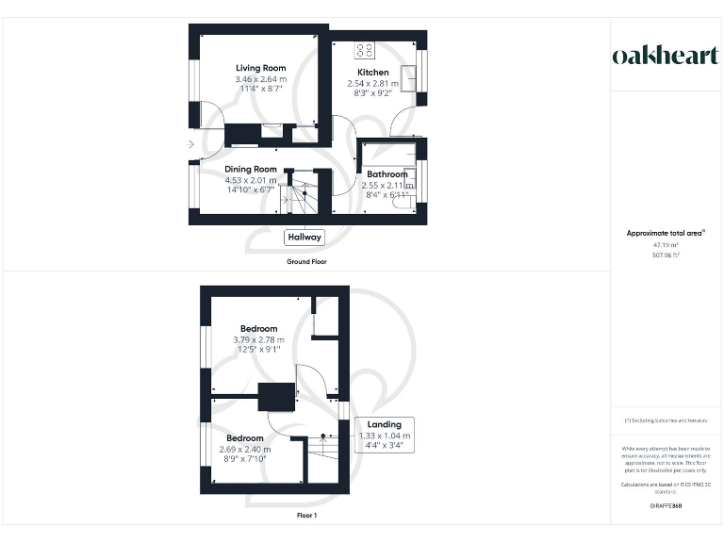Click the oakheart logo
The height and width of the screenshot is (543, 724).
666,56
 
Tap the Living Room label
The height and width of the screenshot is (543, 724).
260,68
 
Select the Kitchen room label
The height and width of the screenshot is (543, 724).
372,73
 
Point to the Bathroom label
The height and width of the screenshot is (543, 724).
387,174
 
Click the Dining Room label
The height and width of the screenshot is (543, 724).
251,169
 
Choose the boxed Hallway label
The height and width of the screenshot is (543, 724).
304,238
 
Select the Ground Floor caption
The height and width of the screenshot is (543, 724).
306,261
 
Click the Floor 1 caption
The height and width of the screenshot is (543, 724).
306,516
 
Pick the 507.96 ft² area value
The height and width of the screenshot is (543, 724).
666,254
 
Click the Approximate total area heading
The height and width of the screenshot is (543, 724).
666,232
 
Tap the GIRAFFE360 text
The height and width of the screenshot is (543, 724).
666,507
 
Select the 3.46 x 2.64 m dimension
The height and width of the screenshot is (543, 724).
260,79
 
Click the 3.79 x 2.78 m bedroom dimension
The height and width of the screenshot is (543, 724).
258,339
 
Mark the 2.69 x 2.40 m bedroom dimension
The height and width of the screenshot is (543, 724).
244,449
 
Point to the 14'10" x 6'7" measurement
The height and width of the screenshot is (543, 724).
251,190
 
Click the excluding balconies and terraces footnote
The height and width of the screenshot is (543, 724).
666,420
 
